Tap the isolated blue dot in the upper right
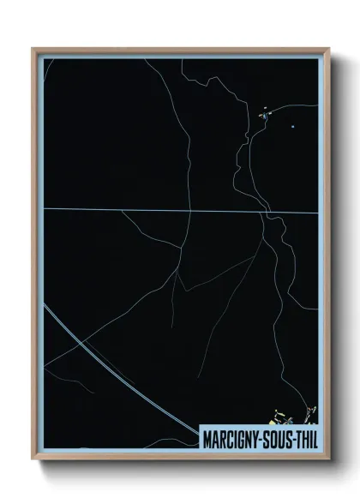coord(293,127)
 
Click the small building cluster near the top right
coord(265,113)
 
